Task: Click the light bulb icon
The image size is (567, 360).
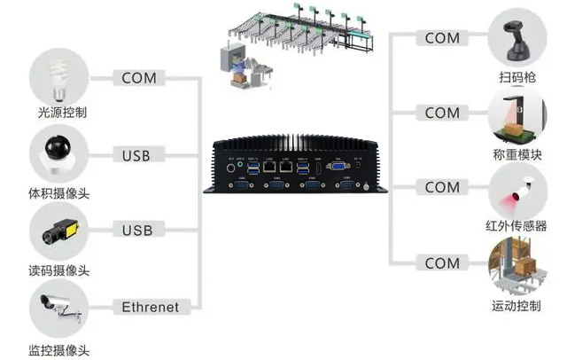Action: click(x=60, y=76)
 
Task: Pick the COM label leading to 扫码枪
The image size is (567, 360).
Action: click(x=442, y=38)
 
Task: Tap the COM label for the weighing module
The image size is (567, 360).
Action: click(x=442, y=113)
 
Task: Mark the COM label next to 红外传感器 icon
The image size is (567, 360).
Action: click(x=442, y=188)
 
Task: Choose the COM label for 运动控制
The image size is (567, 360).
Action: click(x=442, y=263)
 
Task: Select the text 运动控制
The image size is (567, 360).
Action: click(x=517, y=306)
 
